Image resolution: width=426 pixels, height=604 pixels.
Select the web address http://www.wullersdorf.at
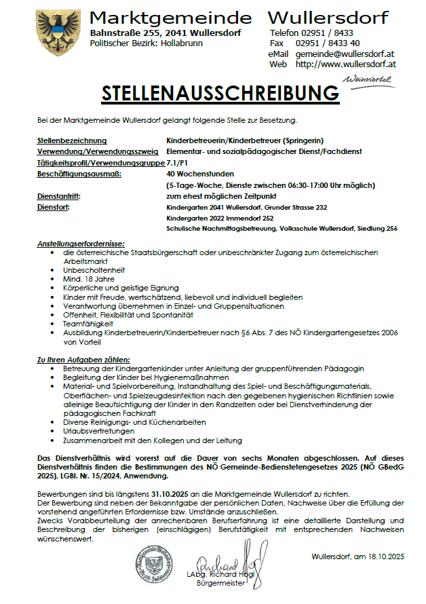point(346,64)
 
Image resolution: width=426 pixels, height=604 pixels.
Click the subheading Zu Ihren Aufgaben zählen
point(83,359)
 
